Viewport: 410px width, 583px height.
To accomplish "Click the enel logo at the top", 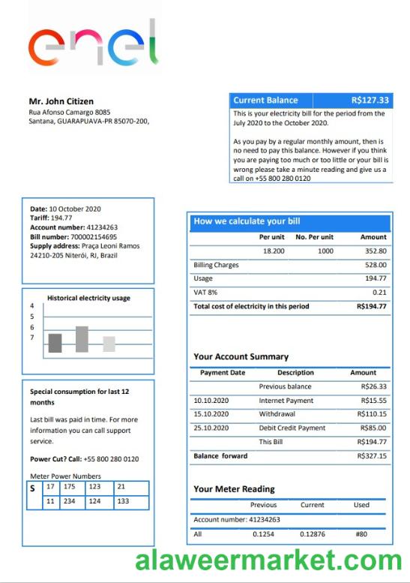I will coord(93,44).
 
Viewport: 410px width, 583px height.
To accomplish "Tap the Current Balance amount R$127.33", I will coord(370,101).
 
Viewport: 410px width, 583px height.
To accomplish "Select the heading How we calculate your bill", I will coord(247,221).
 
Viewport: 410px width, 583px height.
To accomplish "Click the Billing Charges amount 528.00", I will coord(376,265).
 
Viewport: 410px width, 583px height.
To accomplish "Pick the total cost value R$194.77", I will coord(372,306).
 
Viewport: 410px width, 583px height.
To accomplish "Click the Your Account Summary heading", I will coord(241,357).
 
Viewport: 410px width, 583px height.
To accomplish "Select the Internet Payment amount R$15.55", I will coord(373,401).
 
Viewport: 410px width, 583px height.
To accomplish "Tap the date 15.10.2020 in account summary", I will coord(211,414).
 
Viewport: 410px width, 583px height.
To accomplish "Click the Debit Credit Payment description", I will coord(292,428).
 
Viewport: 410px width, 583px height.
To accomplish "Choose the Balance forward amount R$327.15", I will coord(372,455).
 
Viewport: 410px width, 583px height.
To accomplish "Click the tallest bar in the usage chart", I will coord(82,339).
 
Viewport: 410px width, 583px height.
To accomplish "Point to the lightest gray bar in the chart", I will coord(109,344).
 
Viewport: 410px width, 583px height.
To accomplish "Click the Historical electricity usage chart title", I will coord(88,298).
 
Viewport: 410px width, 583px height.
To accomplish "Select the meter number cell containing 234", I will coord(70,500).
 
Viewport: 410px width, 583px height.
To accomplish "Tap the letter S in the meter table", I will coord(33,488).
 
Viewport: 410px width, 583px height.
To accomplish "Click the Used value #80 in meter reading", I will coord(361,533).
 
